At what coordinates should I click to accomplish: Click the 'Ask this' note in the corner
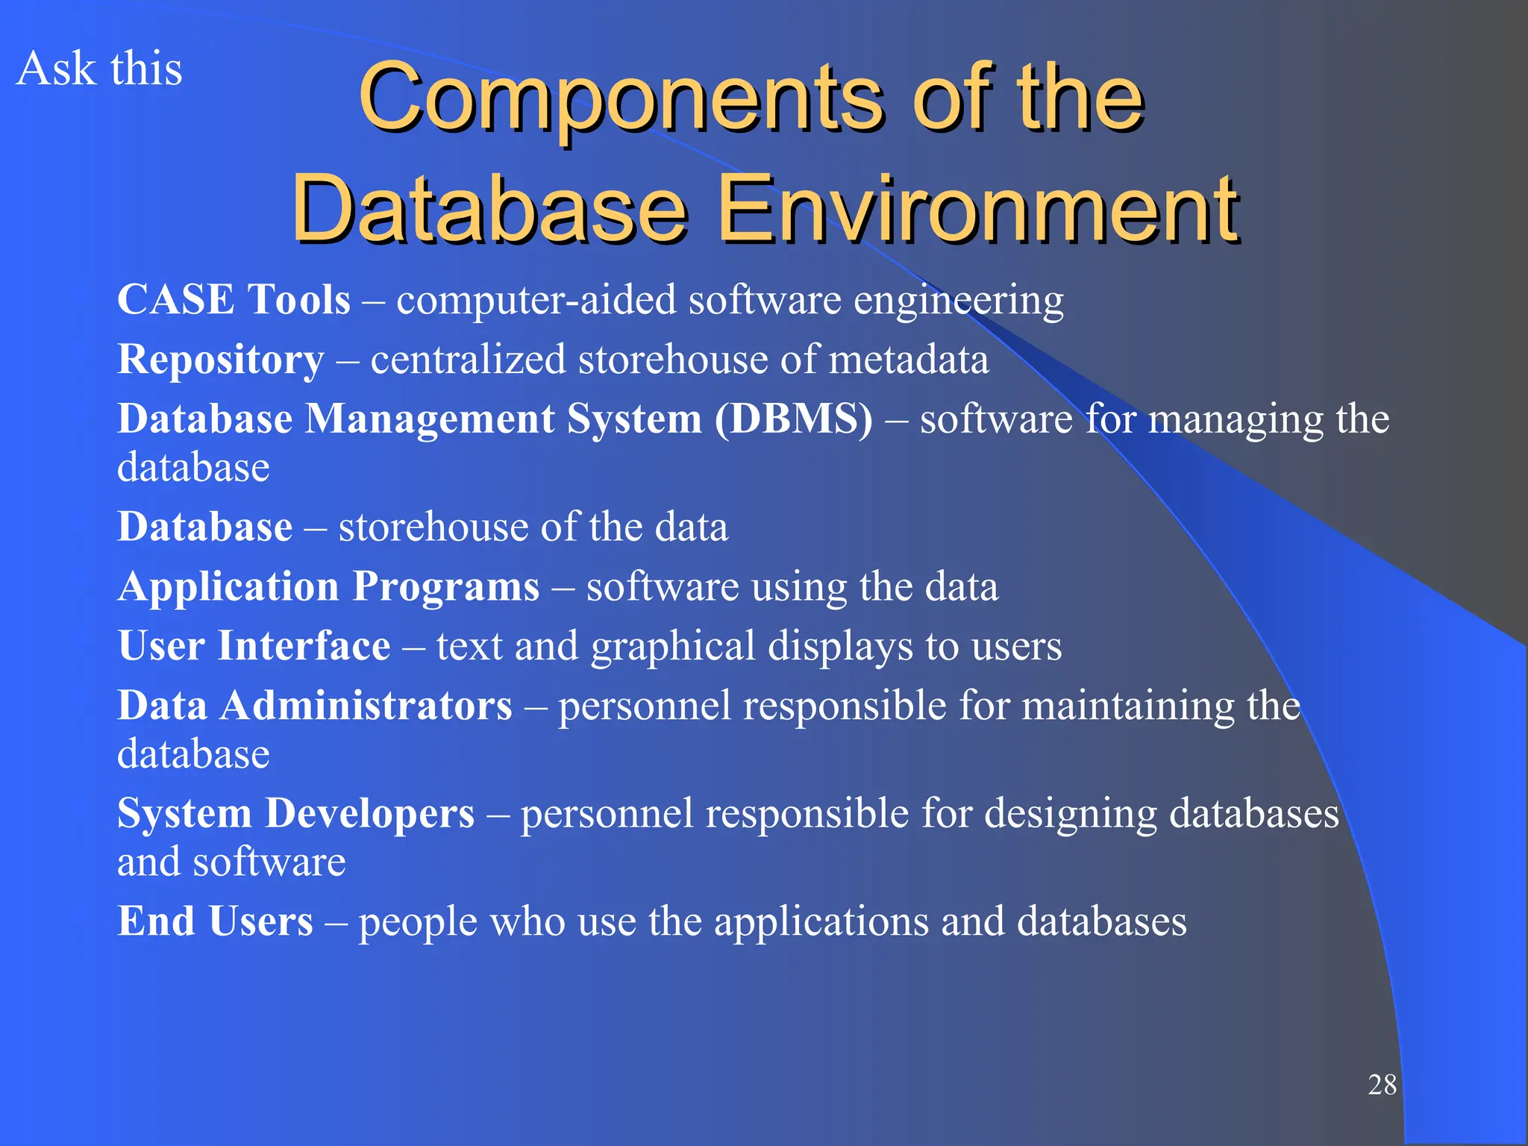[x=98, y=69]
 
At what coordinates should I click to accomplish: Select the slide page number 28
[x=1382, y=1085]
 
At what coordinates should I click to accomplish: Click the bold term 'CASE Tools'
[x=234, y=300]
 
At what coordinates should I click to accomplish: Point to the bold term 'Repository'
[x=221, y=360]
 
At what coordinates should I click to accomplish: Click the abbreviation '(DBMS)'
[x=793, y=419]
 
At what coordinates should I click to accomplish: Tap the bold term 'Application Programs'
[x=328, y=587]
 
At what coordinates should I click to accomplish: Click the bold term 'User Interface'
[x=254, y=646]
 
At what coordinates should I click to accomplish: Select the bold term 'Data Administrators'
[x=315, y=706]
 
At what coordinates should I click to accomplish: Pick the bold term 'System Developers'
[x=295, y=813]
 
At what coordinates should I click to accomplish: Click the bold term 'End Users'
[x=215, y=921]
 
